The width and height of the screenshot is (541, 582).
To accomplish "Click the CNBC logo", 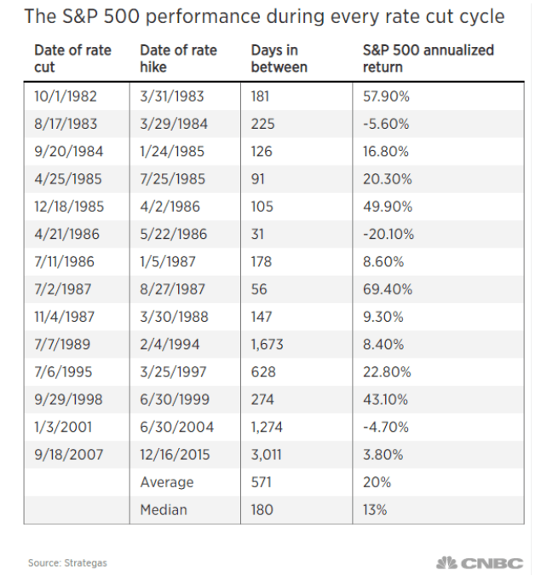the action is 480,563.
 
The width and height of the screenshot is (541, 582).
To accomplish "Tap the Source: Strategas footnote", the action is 67,563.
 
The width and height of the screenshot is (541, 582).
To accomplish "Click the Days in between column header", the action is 279,59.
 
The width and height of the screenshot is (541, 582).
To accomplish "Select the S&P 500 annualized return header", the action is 429,59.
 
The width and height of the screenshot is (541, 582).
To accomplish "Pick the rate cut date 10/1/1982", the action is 66,96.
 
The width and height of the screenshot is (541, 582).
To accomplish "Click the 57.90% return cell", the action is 386,96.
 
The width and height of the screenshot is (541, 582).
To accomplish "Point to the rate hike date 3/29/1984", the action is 174,124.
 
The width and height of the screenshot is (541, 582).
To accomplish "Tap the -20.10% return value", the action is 388,234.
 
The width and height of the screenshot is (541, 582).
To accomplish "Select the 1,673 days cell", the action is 268,345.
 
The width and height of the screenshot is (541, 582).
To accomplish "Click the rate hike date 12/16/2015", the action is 175,455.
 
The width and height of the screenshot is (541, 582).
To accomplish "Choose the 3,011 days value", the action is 267,455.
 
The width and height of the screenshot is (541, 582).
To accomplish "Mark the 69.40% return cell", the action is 388,289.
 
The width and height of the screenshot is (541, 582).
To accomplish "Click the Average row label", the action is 167,482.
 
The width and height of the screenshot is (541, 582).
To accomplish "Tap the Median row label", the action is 164,509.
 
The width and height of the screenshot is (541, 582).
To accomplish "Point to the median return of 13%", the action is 375,509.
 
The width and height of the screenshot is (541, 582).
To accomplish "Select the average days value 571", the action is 262,482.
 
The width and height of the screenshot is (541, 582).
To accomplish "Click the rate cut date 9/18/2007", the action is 68,455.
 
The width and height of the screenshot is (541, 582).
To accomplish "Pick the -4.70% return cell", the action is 386,428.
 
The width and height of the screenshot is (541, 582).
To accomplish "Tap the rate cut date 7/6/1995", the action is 63,372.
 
